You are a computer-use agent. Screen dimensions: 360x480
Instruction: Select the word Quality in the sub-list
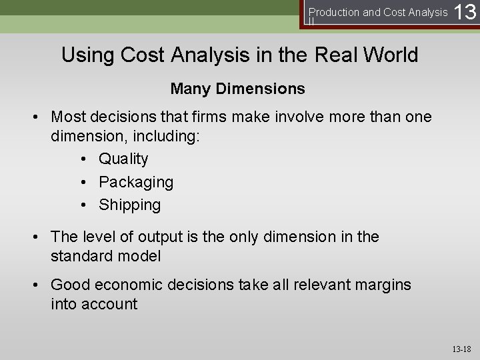point(123,159)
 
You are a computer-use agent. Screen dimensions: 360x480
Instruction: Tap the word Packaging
point(136,182)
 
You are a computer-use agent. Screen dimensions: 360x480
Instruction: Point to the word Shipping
point(129,205)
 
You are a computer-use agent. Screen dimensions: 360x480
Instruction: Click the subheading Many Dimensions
point(238,88)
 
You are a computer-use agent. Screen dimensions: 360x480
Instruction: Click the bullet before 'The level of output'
point(40,237)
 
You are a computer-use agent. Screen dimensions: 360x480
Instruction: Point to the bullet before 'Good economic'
point(40,285)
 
